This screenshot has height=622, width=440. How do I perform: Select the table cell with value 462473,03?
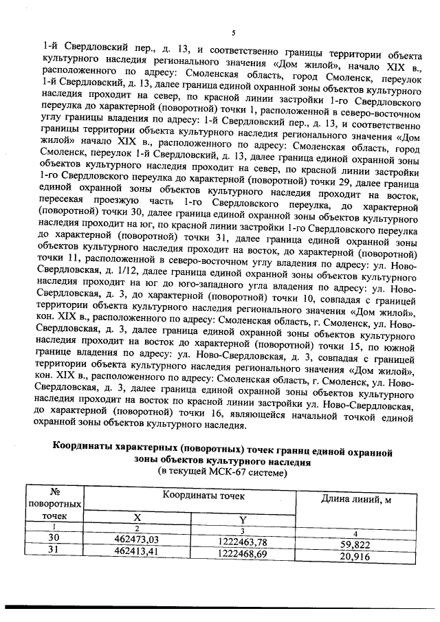point(136,540)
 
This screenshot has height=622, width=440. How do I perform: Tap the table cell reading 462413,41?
point(136,551)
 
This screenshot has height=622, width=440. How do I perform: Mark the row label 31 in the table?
point(54,550)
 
